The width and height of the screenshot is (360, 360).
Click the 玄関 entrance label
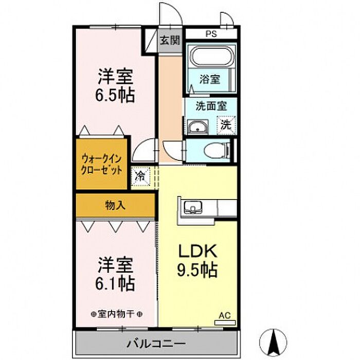[x=170, y=41]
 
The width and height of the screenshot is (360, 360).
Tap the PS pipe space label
[x=211, y=34]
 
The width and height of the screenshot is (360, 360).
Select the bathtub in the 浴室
[x=213, y=56]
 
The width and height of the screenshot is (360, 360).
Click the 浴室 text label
[x=210, y=79]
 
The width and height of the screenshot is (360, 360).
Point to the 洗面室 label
[x=211, y=106]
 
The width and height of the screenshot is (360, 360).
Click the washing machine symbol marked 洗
[x=226, y=125]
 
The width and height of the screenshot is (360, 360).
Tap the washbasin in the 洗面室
[x=198, y=127]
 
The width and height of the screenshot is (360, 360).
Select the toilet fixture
[x=218, y=151]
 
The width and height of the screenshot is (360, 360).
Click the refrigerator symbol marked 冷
[x=140, y=176]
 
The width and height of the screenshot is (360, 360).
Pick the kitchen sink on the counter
[x=193, y=207]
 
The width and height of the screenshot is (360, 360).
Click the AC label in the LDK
[x=225, y=315]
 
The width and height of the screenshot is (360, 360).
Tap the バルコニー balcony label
[x=156, y=344]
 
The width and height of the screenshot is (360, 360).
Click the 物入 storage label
[x=115, y=205]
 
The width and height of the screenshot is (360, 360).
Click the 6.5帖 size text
[x=115, y=94]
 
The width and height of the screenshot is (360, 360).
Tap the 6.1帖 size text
[x=115, y=284]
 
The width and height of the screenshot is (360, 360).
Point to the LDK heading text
[x=197, y=251]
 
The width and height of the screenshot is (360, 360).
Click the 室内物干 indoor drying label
[x=117, y=314]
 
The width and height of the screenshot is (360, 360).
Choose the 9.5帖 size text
[x=197, y=270]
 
